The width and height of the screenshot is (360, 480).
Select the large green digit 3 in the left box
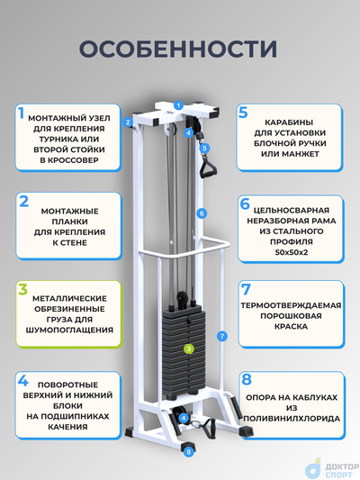click(22, 291)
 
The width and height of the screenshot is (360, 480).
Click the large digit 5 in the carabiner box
click(243, 113)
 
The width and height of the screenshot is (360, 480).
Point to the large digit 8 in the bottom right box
click(244, 380)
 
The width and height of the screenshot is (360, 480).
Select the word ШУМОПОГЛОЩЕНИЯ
click(69, 330)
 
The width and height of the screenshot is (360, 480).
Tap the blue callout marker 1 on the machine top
click(178, 106)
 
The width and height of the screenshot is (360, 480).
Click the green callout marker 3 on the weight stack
click(189, 348)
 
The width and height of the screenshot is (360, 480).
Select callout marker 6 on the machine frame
click(202, 213)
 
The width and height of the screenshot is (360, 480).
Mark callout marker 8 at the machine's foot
click(188, 453)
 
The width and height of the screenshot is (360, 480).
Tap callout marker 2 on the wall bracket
click(129, 122)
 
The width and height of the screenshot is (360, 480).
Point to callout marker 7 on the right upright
click(220, 335)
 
